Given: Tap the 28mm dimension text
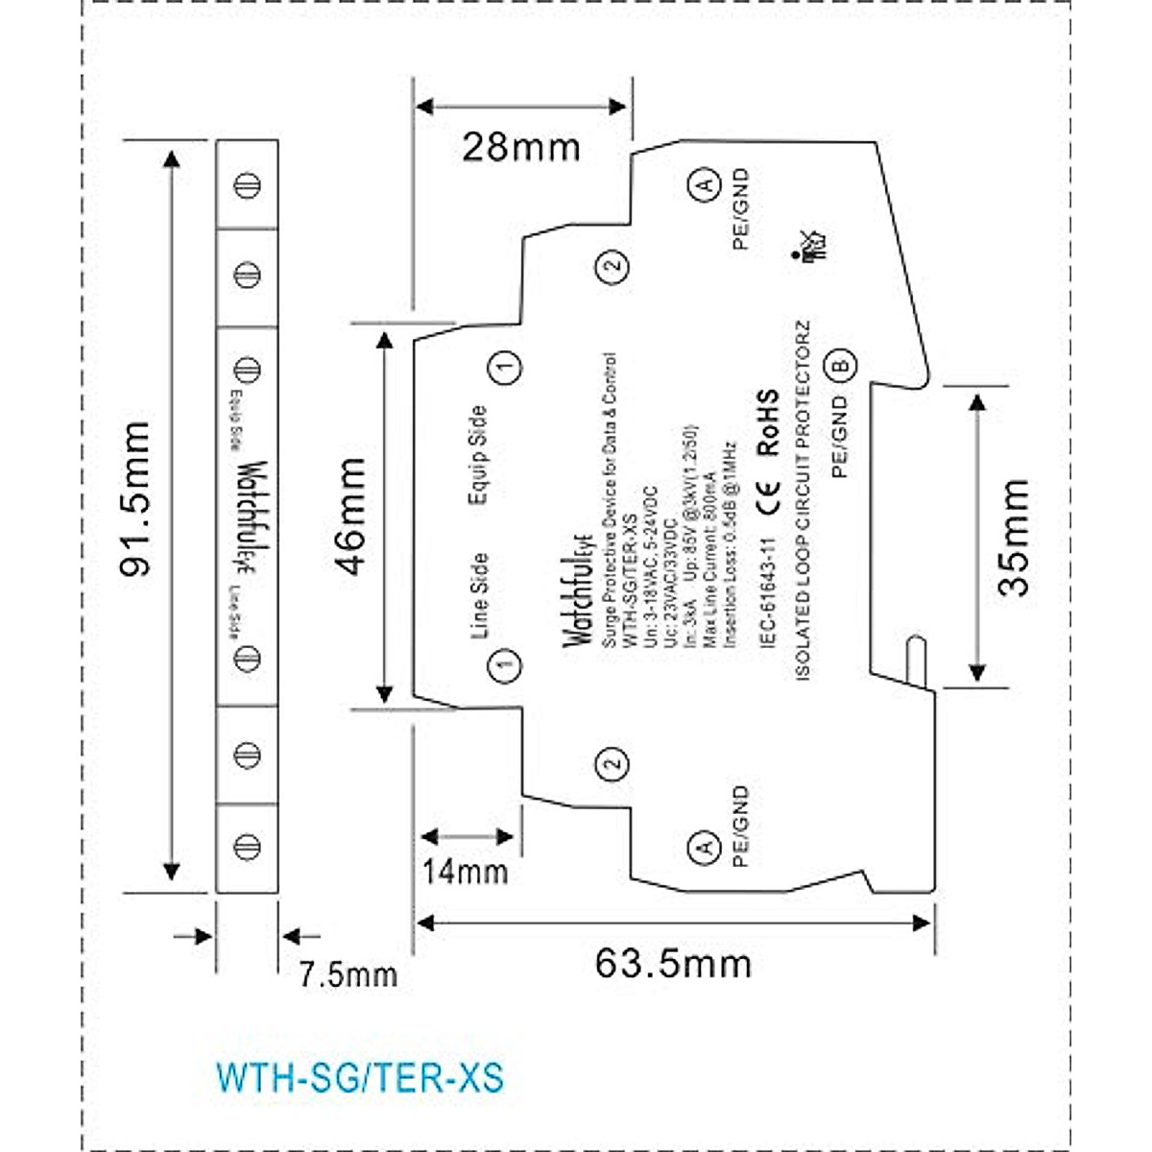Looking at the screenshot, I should pyautogui.click(x=521, y=148).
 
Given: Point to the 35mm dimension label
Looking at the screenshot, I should pyautogui.click(x=1015, y=538).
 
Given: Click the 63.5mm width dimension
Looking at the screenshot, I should pyautogui.click(x=673, y=963).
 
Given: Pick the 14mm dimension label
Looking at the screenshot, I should pyautogui.click(x=466, y=872).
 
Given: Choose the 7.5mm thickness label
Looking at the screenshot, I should pyautogui.click(x=348, y=975).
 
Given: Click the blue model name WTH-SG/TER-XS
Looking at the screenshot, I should pyautogui.click(x=360, y=1077).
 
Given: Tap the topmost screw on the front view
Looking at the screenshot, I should pyautogui.click(x=248, y=184).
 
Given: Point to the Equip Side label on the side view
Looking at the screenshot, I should pyautogui.click(x=477, y=453).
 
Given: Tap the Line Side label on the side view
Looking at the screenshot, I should pyautogui.click(x=478, y=595).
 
